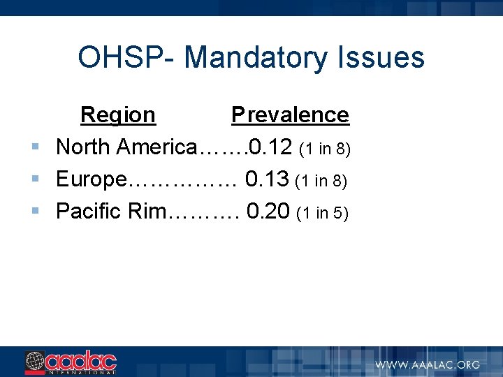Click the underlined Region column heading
[118, 114]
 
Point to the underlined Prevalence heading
[290, 114]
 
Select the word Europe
[91, 179]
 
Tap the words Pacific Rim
[109, 210]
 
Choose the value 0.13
[267, 179]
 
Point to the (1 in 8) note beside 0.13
[321, 180]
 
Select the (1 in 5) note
[322, 212]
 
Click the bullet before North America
[35, 147]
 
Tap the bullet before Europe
[35, 179]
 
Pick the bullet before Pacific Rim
[35, 210]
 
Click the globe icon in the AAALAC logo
[34, 362]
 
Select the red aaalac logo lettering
[81, 361]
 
